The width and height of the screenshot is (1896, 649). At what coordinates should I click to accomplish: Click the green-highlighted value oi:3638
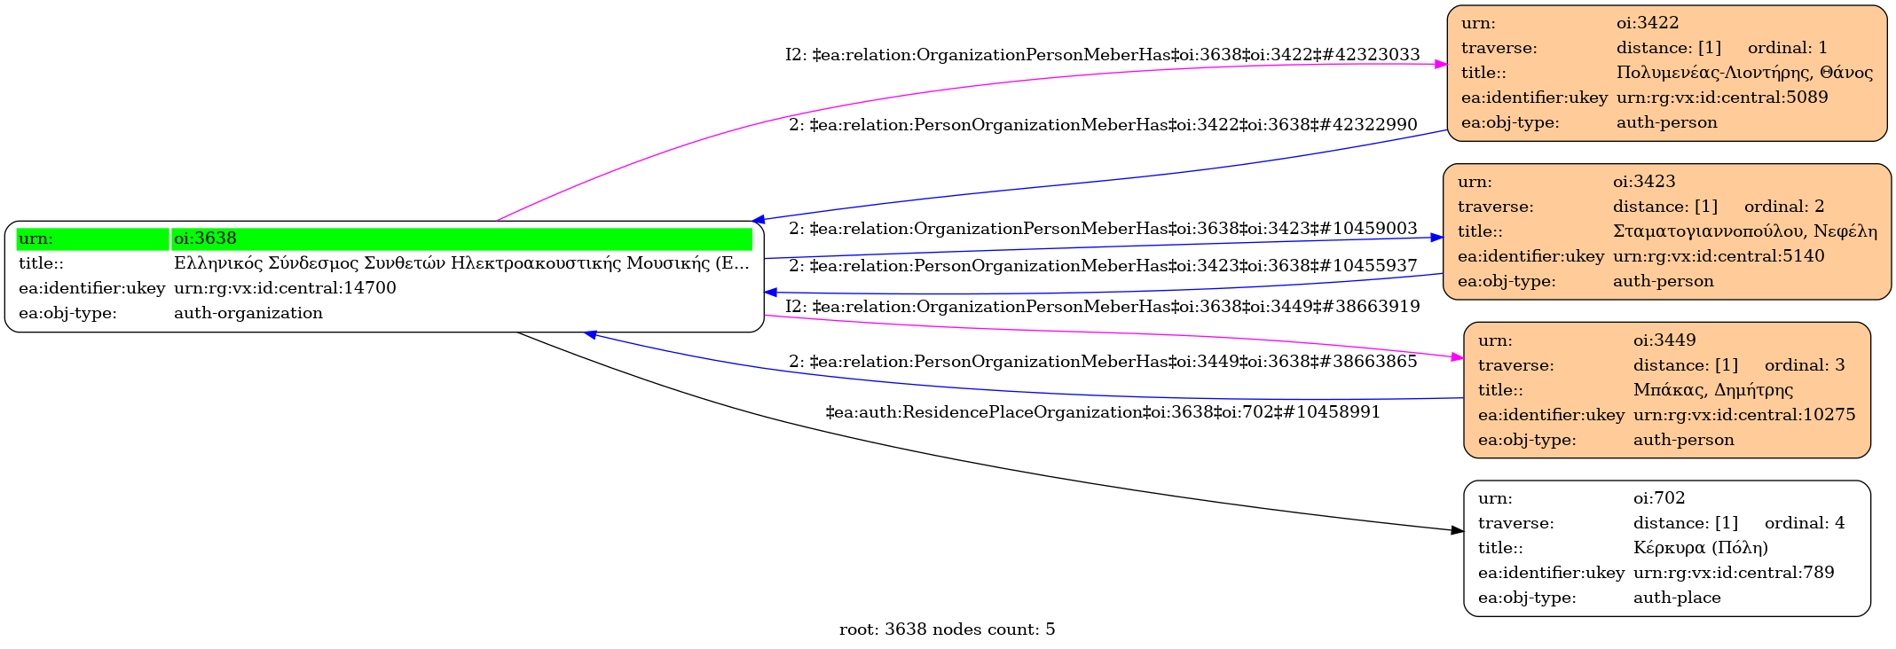(x=205, y=238)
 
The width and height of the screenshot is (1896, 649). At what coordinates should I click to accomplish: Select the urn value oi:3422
(x=1648, y=23)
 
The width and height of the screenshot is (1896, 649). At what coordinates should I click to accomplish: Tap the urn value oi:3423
(x=1644, y=182)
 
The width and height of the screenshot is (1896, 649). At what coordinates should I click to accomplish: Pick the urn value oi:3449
(x=1664, y=340)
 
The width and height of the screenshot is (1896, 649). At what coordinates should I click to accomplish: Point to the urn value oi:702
(x=1658, y=498)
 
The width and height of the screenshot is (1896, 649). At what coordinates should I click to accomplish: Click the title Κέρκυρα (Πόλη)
(x=1700, y=548)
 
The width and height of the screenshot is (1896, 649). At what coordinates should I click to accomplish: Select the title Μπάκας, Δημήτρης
(x=1712, y=390)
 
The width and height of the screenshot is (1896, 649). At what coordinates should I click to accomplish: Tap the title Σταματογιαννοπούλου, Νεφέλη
(x=1744, y=231)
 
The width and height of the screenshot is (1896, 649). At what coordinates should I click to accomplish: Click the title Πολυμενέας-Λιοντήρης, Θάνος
(x=1744, y=73)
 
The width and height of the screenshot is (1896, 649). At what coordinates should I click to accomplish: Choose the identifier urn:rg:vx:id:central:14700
(x=285, y=288)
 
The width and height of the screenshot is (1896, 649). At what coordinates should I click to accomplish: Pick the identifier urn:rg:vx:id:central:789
(x=1733, y=573)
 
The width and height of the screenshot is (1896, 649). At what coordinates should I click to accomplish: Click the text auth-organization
(x=248, y=313)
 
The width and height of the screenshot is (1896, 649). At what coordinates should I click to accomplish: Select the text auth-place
(x=1677, y=598)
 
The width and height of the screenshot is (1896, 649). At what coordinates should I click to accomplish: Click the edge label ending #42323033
(x=1102, y=55)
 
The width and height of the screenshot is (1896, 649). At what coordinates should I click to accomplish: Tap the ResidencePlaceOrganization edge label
(x=1102, y=412)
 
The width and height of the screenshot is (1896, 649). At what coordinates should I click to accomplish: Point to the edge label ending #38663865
(x=1102, y=362)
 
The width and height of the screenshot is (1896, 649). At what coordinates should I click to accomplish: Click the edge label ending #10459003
(x=1102, y=229)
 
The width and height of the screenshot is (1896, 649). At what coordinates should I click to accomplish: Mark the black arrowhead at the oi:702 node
(x=1457, y=530)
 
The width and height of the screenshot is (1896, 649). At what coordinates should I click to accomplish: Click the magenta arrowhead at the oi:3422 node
(x=1441, y=64)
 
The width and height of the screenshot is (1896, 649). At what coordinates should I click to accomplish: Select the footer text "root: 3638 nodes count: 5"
(x=947, y=629)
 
